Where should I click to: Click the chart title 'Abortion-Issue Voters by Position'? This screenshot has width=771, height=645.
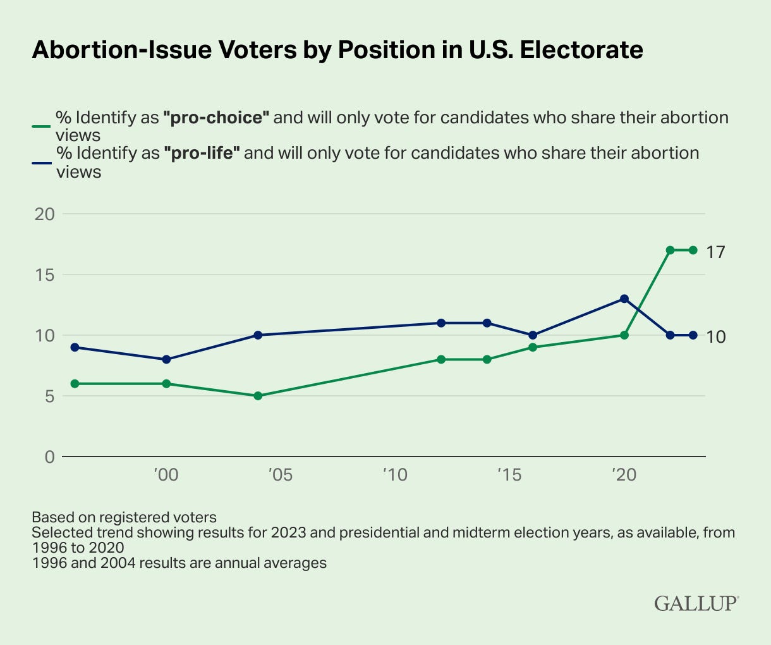pyautogui.click(x=337, y=50)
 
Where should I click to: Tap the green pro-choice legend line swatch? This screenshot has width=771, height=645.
pyautogui.click(x=41, y=126)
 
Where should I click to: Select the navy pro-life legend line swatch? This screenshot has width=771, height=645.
pyautogui.click(x=41, y=161)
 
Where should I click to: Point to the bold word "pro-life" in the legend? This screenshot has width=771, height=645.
pyautogui.click(x=205, y=153)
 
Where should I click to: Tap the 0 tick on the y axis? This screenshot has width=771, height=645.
pyautogui.click(x=50, y=457)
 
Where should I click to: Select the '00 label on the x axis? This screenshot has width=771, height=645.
pyautogui.click(x=165, y=475)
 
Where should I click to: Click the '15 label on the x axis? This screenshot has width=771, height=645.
pyautogui.click(x=509, y=475)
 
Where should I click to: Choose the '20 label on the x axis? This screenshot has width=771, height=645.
pyautogui.click(x=623, y=475)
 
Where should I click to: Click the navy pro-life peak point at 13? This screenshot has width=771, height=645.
pyautogui.click(x=624, y=298)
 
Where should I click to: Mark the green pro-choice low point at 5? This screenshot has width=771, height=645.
pyautogui.click(x=258, y=396)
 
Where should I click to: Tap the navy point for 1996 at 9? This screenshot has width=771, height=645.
pyautogui.click(x=75, y=347)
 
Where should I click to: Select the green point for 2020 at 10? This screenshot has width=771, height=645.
pyautogui.click(x=624, y=335)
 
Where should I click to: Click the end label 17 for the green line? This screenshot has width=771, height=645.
pyautogui.click(x=716, y=252)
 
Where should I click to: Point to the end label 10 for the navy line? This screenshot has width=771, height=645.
pyautogui.click(x=716, y=336)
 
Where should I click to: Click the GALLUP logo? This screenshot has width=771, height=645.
pyautogui.click(x=696, y=603)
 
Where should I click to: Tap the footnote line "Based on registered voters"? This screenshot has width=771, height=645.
pyautogui.click(x=124, y=517)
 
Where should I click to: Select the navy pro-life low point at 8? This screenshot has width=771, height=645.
pyautogui.click(x=166, y=359)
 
